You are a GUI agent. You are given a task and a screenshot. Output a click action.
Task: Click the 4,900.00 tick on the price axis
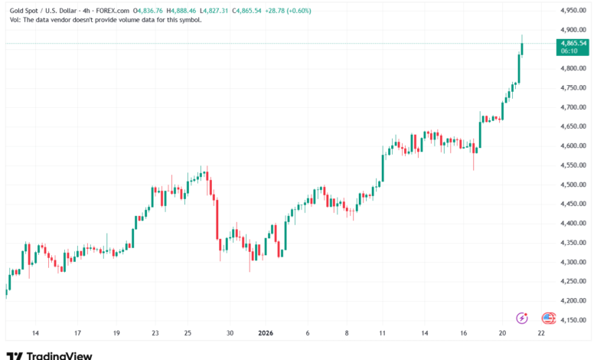click(x=573, y=29)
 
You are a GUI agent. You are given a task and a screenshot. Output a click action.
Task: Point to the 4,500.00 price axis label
click(x=573, y=185)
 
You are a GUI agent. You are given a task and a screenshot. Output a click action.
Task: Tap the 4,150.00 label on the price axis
click(x=573, y=320)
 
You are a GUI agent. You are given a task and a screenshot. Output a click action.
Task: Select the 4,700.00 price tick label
click(x=573, y=107)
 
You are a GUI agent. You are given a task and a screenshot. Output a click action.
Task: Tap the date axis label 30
click(x=229, y=333)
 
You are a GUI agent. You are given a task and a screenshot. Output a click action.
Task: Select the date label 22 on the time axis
click(x=541, y=333)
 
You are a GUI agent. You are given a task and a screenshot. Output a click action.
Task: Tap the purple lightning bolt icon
click(x=523, y=318)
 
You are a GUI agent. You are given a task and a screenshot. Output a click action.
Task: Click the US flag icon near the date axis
click(x=548, y=318)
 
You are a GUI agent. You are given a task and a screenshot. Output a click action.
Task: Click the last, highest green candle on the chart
click(x=522, y=47)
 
